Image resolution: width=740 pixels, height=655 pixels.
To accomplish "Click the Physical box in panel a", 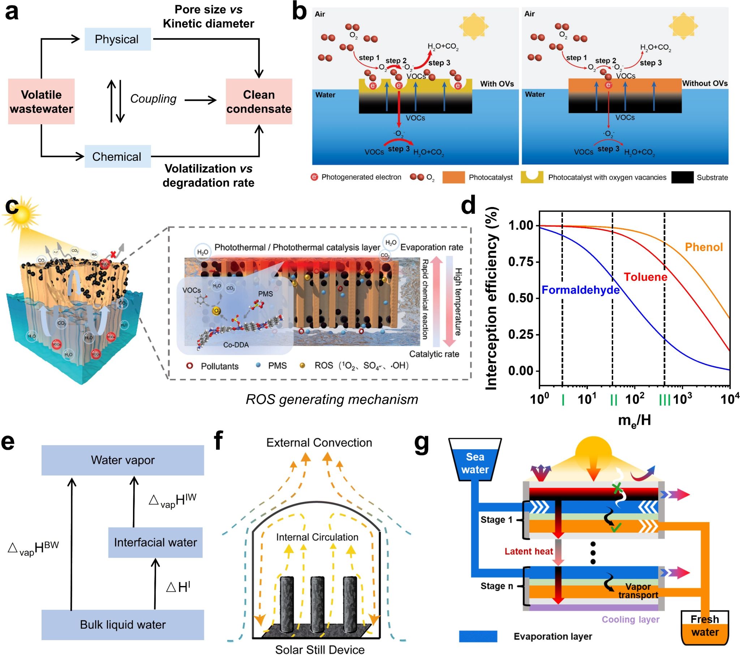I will [117, 39].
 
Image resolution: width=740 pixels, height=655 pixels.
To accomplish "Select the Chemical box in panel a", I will [117, 156].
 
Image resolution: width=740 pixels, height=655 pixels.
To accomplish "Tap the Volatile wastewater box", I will [41, 102].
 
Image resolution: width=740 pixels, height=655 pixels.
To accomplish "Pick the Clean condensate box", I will [259, 102].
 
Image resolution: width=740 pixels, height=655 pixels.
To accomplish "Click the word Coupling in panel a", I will [153, 99].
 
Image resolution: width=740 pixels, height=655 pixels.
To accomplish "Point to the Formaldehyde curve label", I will [580, 290].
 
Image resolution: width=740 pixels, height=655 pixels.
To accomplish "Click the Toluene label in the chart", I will [645, 277].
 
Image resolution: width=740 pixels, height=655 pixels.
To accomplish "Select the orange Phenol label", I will [704, 247].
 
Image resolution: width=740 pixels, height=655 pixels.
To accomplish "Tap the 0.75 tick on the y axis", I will [521, 262].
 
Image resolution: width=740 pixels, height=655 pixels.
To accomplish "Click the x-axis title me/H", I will [634, 421].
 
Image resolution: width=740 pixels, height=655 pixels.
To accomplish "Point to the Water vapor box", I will [123, 460].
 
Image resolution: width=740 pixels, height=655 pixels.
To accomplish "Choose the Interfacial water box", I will [155, 542].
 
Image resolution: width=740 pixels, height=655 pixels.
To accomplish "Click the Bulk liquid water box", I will [123, 625].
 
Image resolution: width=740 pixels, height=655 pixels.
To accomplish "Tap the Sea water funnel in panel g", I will [475, 463].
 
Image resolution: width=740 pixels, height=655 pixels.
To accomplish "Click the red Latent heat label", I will [529, 551].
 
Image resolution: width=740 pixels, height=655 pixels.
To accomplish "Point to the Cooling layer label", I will [630, 619].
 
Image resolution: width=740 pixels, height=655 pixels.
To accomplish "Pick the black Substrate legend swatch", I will [682, 177].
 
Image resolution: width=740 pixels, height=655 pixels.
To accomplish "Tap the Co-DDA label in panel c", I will [236, 345].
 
